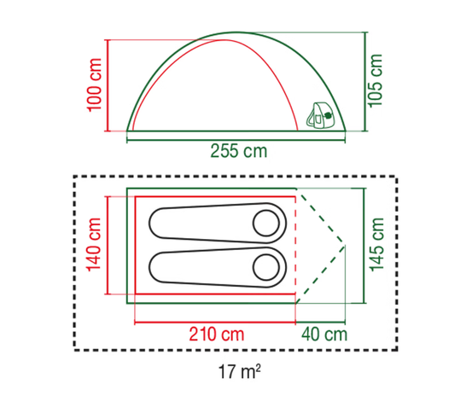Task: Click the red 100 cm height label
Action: pyautogui.click(x=94, y=85)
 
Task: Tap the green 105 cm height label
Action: pyautogui.click(x=375, y=81)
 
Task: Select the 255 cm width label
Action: pyautogui.click(x=239, y=151)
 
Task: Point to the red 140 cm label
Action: pyautogui.click(x=94, y=244)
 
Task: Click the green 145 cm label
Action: pyautogui.click(x=376, y=244)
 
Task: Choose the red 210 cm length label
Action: pyautogui.click(x=217, y=334)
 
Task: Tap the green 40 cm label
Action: pyautogui.click(x=324, y=334)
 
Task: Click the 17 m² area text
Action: pyautogui.click(x=239, y=371)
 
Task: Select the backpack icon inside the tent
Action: pyautogui.click(x=321, y=115)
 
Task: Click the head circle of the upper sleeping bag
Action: pyautogui.click(x=266, y=223)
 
